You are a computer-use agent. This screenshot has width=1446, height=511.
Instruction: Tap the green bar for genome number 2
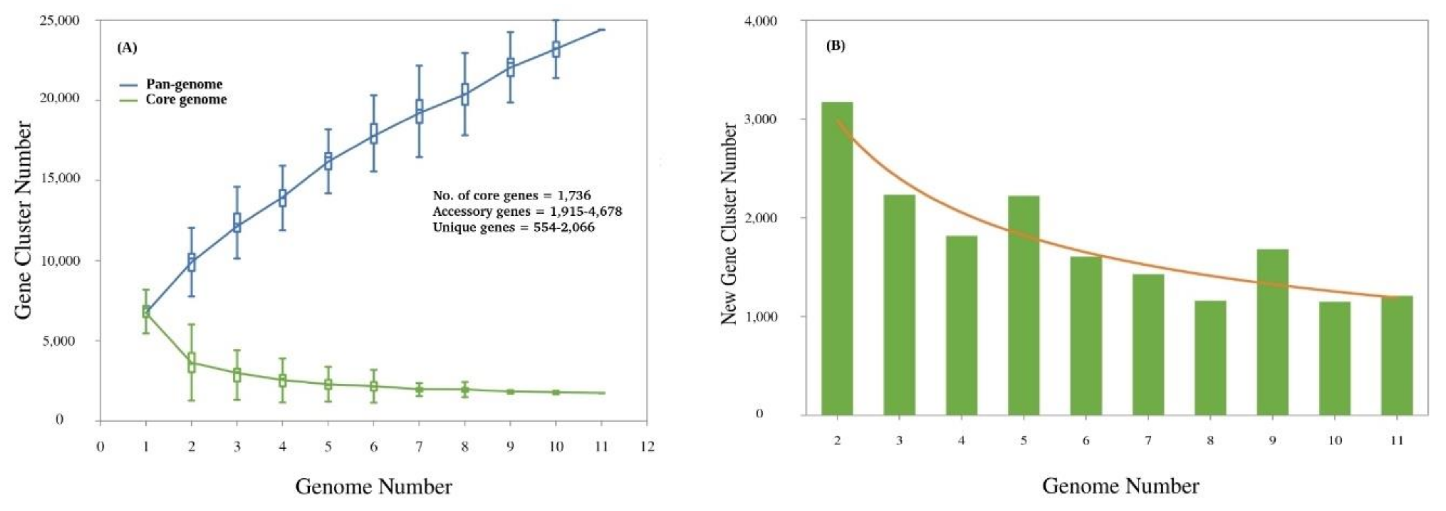(837, 258)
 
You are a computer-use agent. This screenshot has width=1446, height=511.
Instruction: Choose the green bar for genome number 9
(1272, 332)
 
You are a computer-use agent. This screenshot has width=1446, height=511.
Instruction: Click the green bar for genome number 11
(1397, 355)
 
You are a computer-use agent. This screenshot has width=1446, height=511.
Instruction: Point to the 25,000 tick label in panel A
(60, 21)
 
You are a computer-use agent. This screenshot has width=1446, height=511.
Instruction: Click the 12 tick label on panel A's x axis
(647, 447)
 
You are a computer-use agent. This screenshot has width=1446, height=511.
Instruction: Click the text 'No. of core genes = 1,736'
(511, 195)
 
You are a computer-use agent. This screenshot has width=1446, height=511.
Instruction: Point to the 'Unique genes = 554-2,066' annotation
(513, 228)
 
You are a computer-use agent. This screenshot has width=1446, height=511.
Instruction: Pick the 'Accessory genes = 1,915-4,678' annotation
(527, 212)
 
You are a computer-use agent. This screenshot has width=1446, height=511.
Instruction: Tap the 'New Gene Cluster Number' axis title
(729, 224)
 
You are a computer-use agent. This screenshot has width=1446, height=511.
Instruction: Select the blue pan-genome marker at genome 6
(373, 134)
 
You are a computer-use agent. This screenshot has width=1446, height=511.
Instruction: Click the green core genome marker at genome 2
(191, 362)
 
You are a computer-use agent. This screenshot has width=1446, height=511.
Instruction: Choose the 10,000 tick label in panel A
(60, 261)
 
